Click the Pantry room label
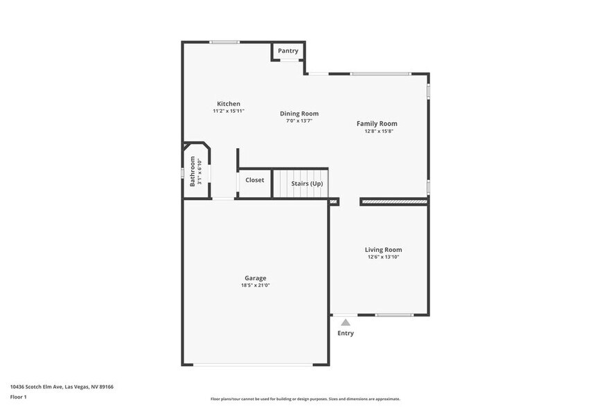pyautogui.click(x=288, y=51)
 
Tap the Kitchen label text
pyautogui.click(x=229, y=104)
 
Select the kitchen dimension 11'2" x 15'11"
pyautogui.click(x=229, y=111)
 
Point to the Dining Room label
pyautogui.click(x=299, y=114)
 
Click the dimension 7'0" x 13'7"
pyautogui.click(x=299, y=120)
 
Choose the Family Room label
pyautogui.click(x=377, y=123)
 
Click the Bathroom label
pyautogui.click(x=193, y=171)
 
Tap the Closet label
pyautogui.click(x=254, y=180)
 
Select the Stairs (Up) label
pyautogui.click(x=307, y=183)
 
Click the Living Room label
pyautogui.click(x=383, y=250)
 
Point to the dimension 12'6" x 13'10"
pyautogui.click(x=383, y=257)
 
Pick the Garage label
pyautogui.click(x=255, y=278)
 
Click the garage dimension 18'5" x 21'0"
pyautogui.click(x=255, y=285)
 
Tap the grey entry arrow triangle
pyautogui.click(x=346, y=322)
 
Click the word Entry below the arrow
pyautogui.click(x=346, y=333)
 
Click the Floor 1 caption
pyautogui.click(x=18, y=397)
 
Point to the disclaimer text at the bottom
pyautogui.click(x=305, y=399)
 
